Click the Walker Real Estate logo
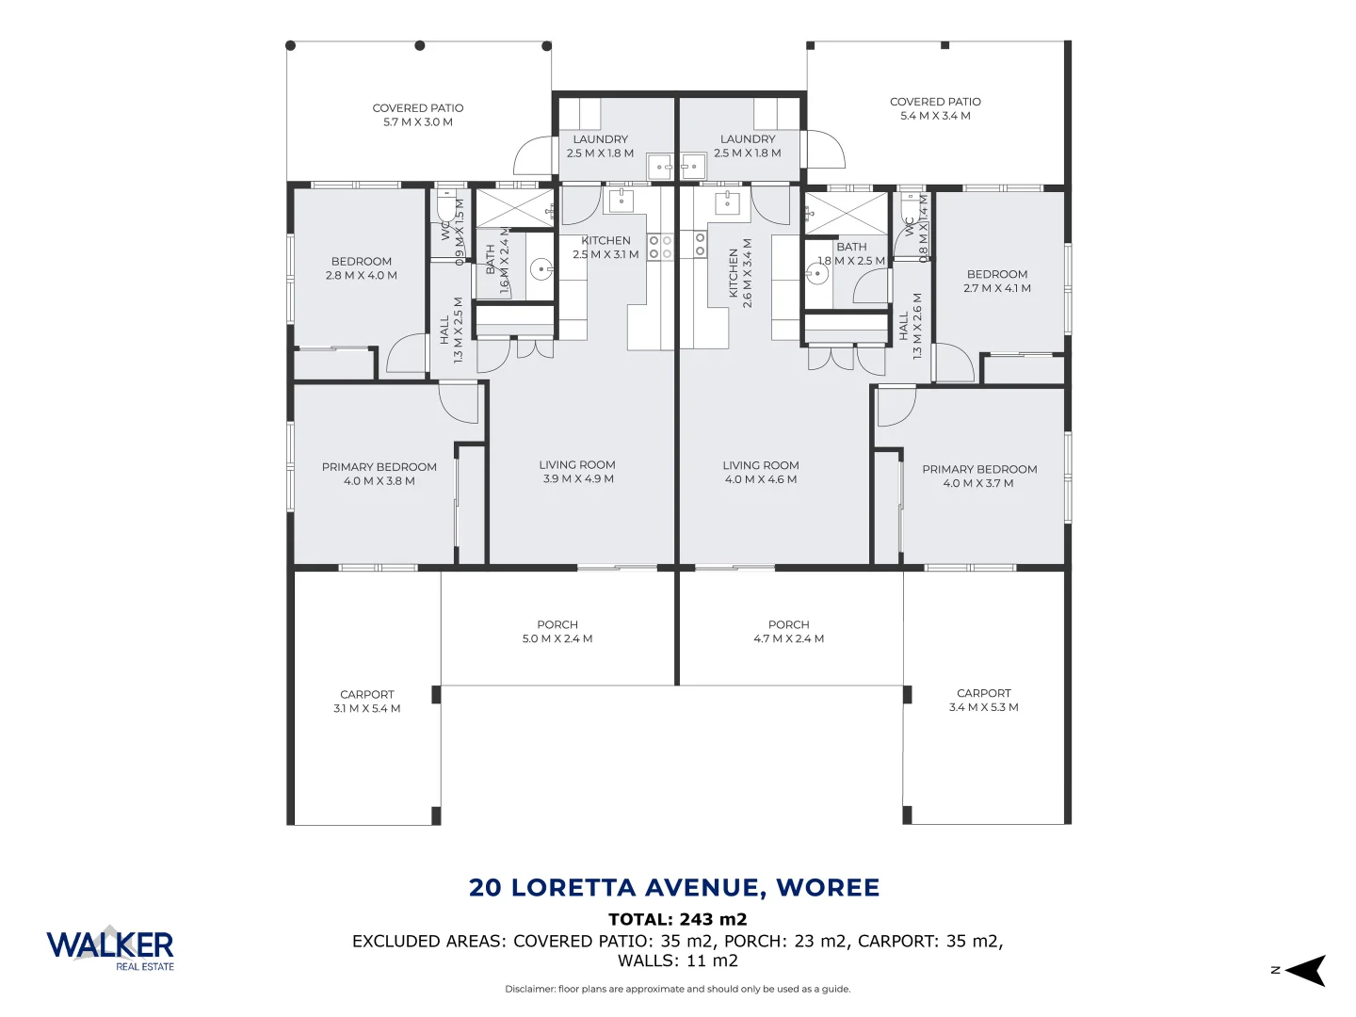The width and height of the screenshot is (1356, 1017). (110, 947)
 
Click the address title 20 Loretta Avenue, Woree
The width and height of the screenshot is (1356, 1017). (674, 887)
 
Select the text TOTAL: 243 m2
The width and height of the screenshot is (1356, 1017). (677, 919)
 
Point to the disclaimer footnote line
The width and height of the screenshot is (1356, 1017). (677, 989)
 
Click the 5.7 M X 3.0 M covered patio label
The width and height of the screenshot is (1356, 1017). (417, 115)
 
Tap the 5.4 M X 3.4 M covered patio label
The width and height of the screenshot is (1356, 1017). (935, 108)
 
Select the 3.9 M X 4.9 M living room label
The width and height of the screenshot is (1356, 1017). (577, 472)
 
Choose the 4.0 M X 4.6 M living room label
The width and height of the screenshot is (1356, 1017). (761, 472)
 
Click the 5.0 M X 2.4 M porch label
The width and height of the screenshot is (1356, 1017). (557, 632)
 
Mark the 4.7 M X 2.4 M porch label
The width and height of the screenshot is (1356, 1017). (788, 632)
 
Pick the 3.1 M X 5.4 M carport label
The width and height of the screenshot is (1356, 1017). (366, 702)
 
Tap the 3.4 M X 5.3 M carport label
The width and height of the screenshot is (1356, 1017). (983, 700)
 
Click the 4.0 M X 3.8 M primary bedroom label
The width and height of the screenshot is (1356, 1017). (379, 474)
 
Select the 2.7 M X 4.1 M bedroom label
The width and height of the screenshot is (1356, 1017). (996, 282)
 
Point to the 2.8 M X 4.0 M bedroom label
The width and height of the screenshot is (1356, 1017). (361, 268)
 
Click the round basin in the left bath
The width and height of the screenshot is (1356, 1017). (541, 269)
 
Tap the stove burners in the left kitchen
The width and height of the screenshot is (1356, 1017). (660, 248)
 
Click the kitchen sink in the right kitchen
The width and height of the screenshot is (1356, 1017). (727, 202)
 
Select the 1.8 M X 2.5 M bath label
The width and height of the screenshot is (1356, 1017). (851, 254)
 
